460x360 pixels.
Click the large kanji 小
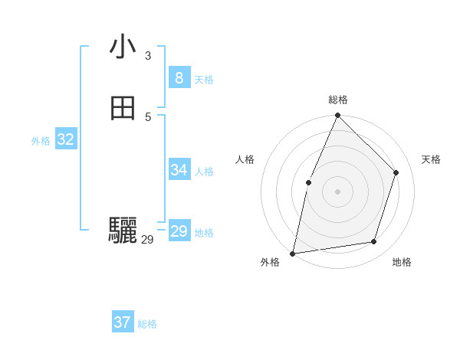[x=123, y=47]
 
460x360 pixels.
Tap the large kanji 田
[x=123, y=109]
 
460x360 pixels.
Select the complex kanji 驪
[x=123, y=230]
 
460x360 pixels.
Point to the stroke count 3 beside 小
[x=148, y=55]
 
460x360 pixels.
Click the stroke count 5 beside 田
[x=148, y=116]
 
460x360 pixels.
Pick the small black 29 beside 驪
[x=147, y=240]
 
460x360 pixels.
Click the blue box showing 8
[x=179, y=78]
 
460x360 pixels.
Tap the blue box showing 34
[x=179, y=170]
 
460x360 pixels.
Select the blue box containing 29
[x=179, y=231]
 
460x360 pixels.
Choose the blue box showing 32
[x=65, y=139]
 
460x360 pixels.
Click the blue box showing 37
[x=122, y=322]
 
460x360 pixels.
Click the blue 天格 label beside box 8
[x=204, y=80]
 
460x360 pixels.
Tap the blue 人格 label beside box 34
[x=204, y=172]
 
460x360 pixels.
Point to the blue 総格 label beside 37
[x=147, y=324]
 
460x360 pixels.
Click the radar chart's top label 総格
[x=337, y=100]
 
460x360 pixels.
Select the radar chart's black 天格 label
[x=431, y=159]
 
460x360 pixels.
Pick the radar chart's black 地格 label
[x=402, y=262]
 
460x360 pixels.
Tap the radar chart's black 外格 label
[x=270, y=262]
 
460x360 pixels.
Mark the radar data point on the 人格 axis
[x=308, y=182]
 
